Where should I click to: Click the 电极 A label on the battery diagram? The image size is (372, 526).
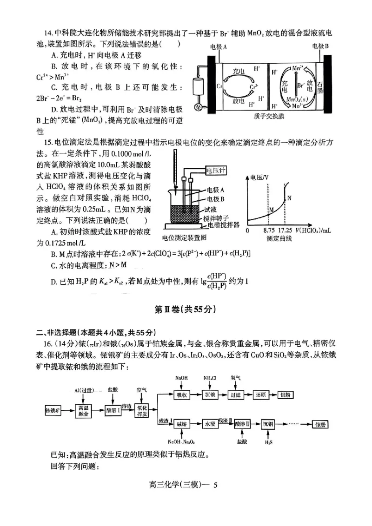pos(219,46)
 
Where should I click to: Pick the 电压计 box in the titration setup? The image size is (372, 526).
pos(215,171)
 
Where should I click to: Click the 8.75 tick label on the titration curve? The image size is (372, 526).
pos(269,230)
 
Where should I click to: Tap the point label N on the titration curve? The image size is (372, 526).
pos(289,198)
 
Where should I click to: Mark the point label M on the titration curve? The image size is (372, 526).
pos(271,210)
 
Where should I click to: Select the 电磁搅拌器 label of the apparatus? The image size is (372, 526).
pos(224,224)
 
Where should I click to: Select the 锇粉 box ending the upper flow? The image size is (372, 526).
pos(285,395)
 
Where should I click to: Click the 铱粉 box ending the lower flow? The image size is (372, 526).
pos(321,425)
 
